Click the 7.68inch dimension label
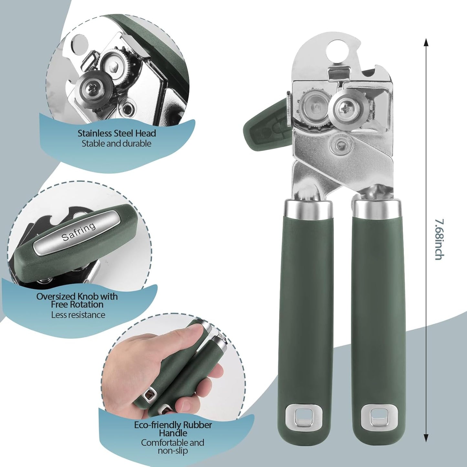439,239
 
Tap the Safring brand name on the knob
79,232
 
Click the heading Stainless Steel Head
117,133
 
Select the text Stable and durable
116,143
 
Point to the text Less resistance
78,315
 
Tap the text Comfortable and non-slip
173,446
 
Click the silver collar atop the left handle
308,208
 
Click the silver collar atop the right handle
377,208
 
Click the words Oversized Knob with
77,296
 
